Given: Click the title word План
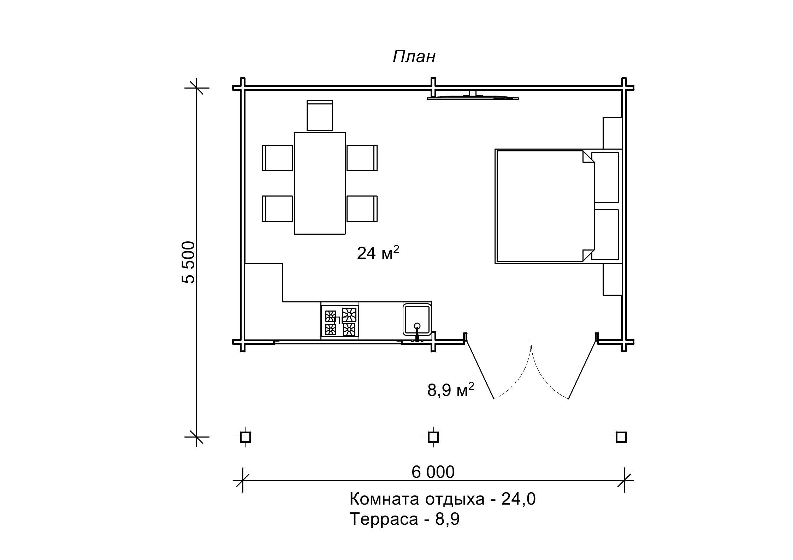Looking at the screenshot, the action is point(414,57).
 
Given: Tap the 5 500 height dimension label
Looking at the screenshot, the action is point(188,262).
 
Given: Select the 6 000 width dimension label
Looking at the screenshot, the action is point(433,472).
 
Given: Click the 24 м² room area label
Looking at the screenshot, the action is point(378,253).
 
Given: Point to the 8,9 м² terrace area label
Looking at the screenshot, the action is point(450,390).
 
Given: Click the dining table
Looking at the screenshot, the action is point(320,183).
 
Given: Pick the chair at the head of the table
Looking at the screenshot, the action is point(320,116).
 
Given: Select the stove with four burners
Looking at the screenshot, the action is point(340,320).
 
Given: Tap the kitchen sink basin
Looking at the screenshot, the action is point(417,320).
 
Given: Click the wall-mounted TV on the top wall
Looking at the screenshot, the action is point(473,96).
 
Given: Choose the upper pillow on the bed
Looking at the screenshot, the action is point(605,177).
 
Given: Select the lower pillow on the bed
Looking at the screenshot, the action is point(605,235).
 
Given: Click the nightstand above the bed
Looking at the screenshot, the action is point(612,133).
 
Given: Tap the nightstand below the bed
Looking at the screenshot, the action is point(612,279).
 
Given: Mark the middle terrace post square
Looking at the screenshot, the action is point(433,437).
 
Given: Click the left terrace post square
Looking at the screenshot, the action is point(245,437).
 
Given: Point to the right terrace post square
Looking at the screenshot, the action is point(621,437).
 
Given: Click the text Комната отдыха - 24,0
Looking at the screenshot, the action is point(442,499).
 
